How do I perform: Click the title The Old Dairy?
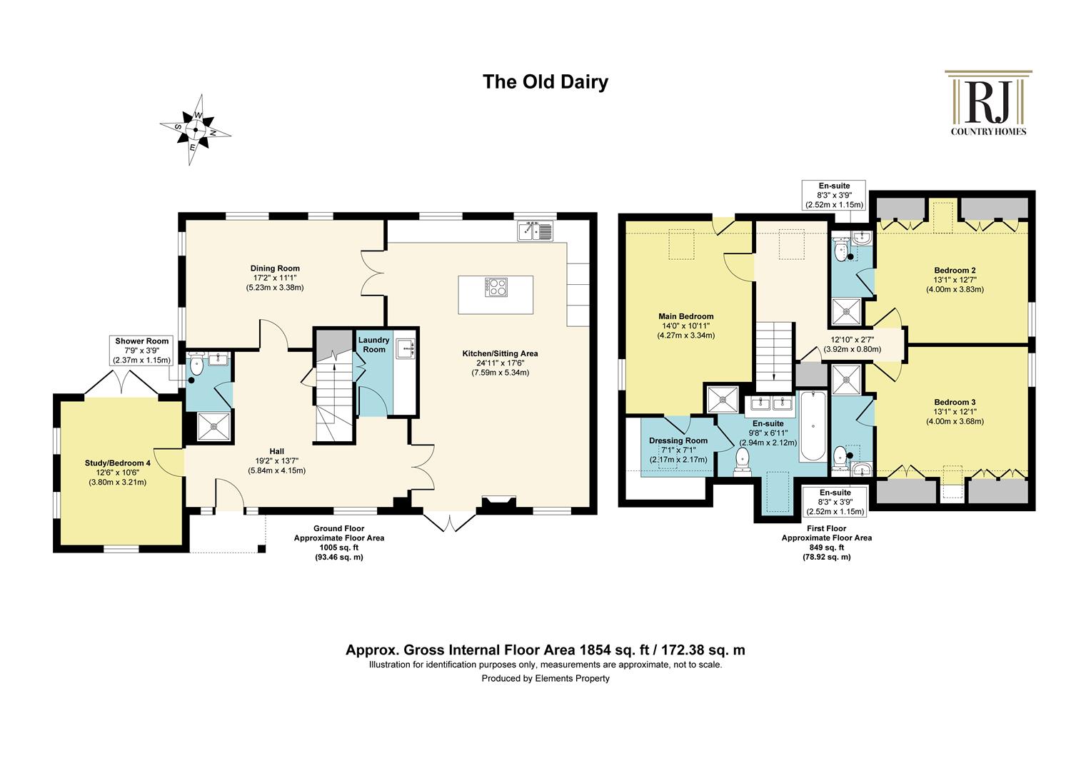pyautogui.click(x=545, y=82)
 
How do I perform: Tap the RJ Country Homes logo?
pyautogui.click(x=988, y=103)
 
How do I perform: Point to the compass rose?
pyautogui.click(x=196, y=129)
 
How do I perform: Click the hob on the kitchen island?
pyautogui.click(x=496, y=287)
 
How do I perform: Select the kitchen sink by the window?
pyautogui.click(x=536, y=231)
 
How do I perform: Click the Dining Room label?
pyautogui.click(x=275, y=268)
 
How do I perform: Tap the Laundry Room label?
pyautogui.click(x=374, y=345)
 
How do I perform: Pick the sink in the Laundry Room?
pyautogui.click(x=406, y=348)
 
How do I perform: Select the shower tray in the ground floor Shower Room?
pyautogui.click(x=213, y=426)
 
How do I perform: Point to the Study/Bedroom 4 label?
pyautogui.click(x=117, y=463)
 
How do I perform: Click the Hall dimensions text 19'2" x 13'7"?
pyautogui.click(x=276, y=460)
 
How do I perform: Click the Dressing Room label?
pyautogui.click(x=678, y=440)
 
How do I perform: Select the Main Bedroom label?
pyautogui.click(x=685, y=316)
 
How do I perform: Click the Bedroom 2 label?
pyautogui.click(x=955, y=271)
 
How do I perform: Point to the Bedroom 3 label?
pyautogui.click(x=955, y=403)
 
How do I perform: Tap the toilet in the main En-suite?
pyautogui.click(x=743, y=460)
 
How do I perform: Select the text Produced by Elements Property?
pyautogui.click(x=545, y=678)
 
